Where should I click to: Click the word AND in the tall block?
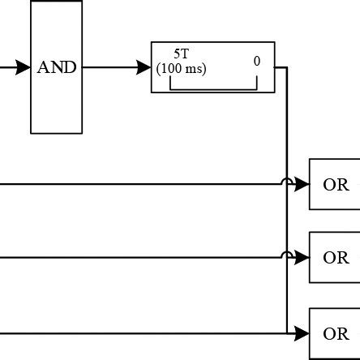(57, 68)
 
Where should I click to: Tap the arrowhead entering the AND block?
(24, 68)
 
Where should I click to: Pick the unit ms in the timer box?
(195, 69)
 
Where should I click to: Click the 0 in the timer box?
(256, 61)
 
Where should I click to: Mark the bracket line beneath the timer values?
(213, 87)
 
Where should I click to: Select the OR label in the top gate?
(336, 185)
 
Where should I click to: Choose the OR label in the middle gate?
(336, 259)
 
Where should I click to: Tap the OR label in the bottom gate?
(336, 333)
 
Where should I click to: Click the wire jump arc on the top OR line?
(288, 182)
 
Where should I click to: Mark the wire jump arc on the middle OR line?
(288, 255)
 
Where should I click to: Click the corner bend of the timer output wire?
(288, 68)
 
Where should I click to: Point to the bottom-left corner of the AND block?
(31, 133)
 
